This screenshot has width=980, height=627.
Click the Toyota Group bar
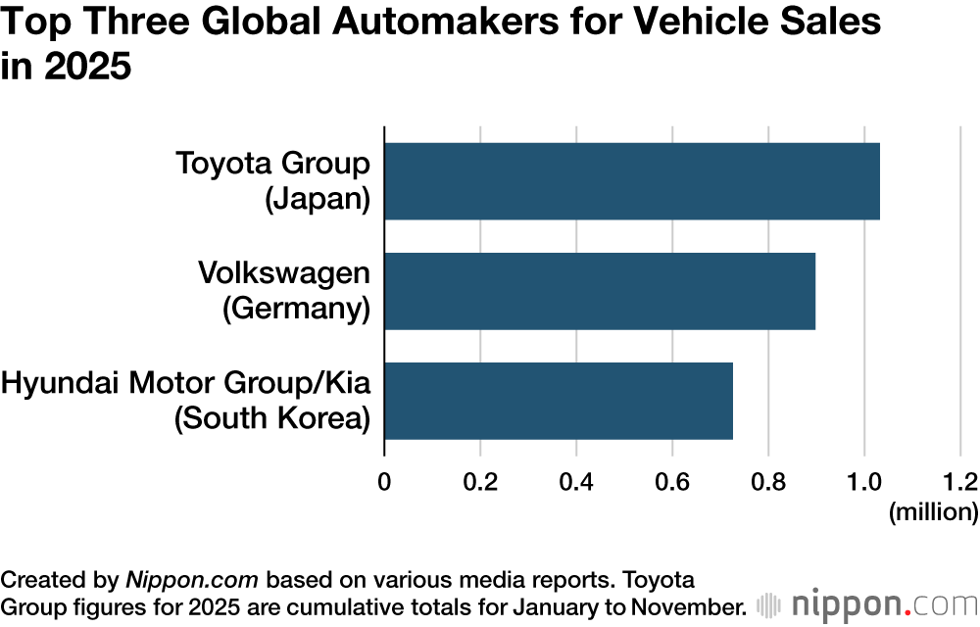click(632, 181)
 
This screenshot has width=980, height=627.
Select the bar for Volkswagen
click(600, 291)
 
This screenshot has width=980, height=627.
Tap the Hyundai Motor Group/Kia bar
click(559, 401)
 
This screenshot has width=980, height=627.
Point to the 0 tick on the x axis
click(384, 481)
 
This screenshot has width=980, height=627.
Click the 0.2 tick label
click(480, 481)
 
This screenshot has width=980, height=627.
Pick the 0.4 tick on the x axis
click(576, 481)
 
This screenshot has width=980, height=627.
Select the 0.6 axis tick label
click(672, 481)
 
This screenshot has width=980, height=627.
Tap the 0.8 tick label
click(768, 481)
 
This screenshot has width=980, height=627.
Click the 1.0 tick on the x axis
click(864, 481)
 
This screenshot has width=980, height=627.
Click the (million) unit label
click(933, 511)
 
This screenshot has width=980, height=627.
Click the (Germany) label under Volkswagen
click(296, 309)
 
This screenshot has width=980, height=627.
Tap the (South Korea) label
click(271, 418)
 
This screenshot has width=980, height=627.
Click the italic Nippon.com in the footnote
click(192, 577)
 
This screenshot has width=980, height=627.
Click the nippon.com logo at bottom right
click(866, 603)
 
